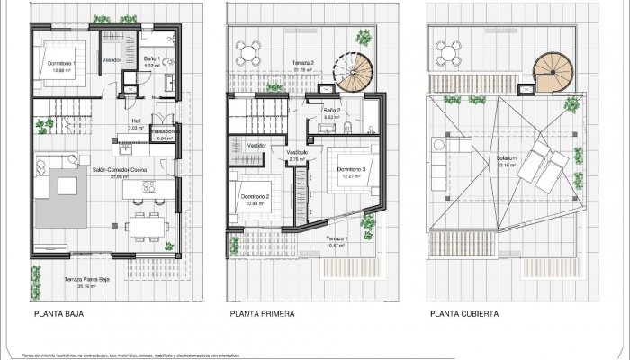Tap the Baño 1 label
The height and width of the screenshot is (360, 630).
tap(152, 59)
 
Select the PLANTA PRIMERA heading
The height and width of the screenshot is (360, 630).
tap(265, 316)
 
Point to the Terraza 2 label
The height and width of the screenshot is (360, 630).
tap(302, 64)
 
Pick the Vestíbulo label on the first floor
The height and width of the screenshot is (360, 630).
tap(298, 153)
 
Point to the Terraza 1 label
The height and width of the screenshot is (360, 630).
tap(337, 240)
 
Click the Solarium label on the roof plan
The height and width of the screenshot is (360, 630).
tap(506, 160)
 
